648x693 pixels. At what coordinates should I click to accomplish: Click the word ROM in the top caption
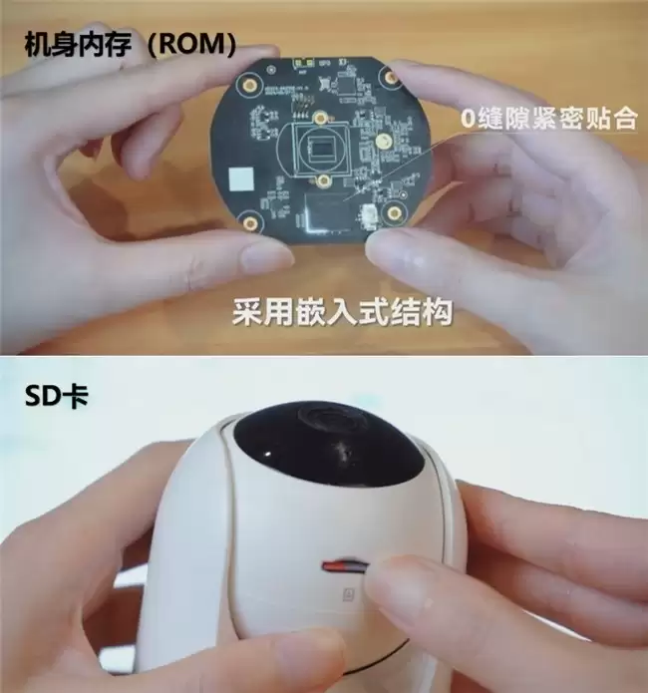(x=195, y=43)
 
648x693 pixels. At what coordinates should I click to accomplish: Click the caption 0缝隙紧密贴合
(x=547, y=119)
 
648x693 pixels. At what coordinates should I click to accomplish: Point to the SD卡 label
(x=57, y=397)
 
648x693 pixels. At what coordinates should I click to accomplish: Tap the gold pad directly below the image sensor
(x=325, y=182)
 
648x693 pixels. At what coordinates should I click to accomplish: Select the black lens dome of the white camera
(x=328, y=449)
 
